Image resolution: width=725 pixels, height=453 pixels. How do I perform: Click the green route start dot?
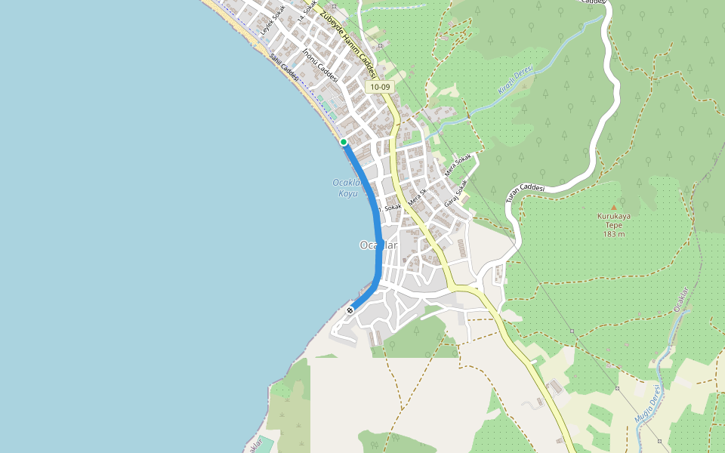point(344,142)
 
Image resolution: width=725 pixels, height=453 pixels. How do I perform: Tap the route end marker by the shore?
point(350,310)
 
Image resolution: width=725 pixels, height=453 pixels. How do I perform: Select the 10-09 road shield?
point(381,88)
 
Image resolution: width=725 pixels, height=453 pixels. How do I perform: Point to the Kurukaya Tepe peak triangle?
point(613,206)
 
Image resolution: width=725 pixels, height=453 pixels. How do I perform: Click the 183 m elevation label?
point(614,234)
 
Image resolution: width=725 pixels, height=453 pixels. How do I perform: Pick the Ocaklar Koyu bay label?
point(347,188)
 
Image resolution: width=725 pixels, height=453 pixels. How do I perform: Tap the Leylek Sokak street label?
point(273,20)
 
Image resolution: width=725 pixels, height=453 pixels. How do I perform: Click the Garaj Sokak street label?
point(455,193)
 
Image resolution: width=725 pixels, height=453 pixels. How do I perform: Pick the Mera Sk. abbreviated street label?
point(418,198)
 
